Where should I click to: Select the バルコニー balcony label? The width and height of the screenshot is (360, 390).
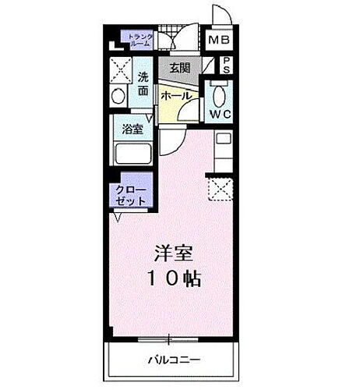click(x=174, y=360)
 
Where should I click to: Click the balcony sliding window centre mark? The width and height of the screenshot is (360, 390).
click(x=168, y=339)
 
